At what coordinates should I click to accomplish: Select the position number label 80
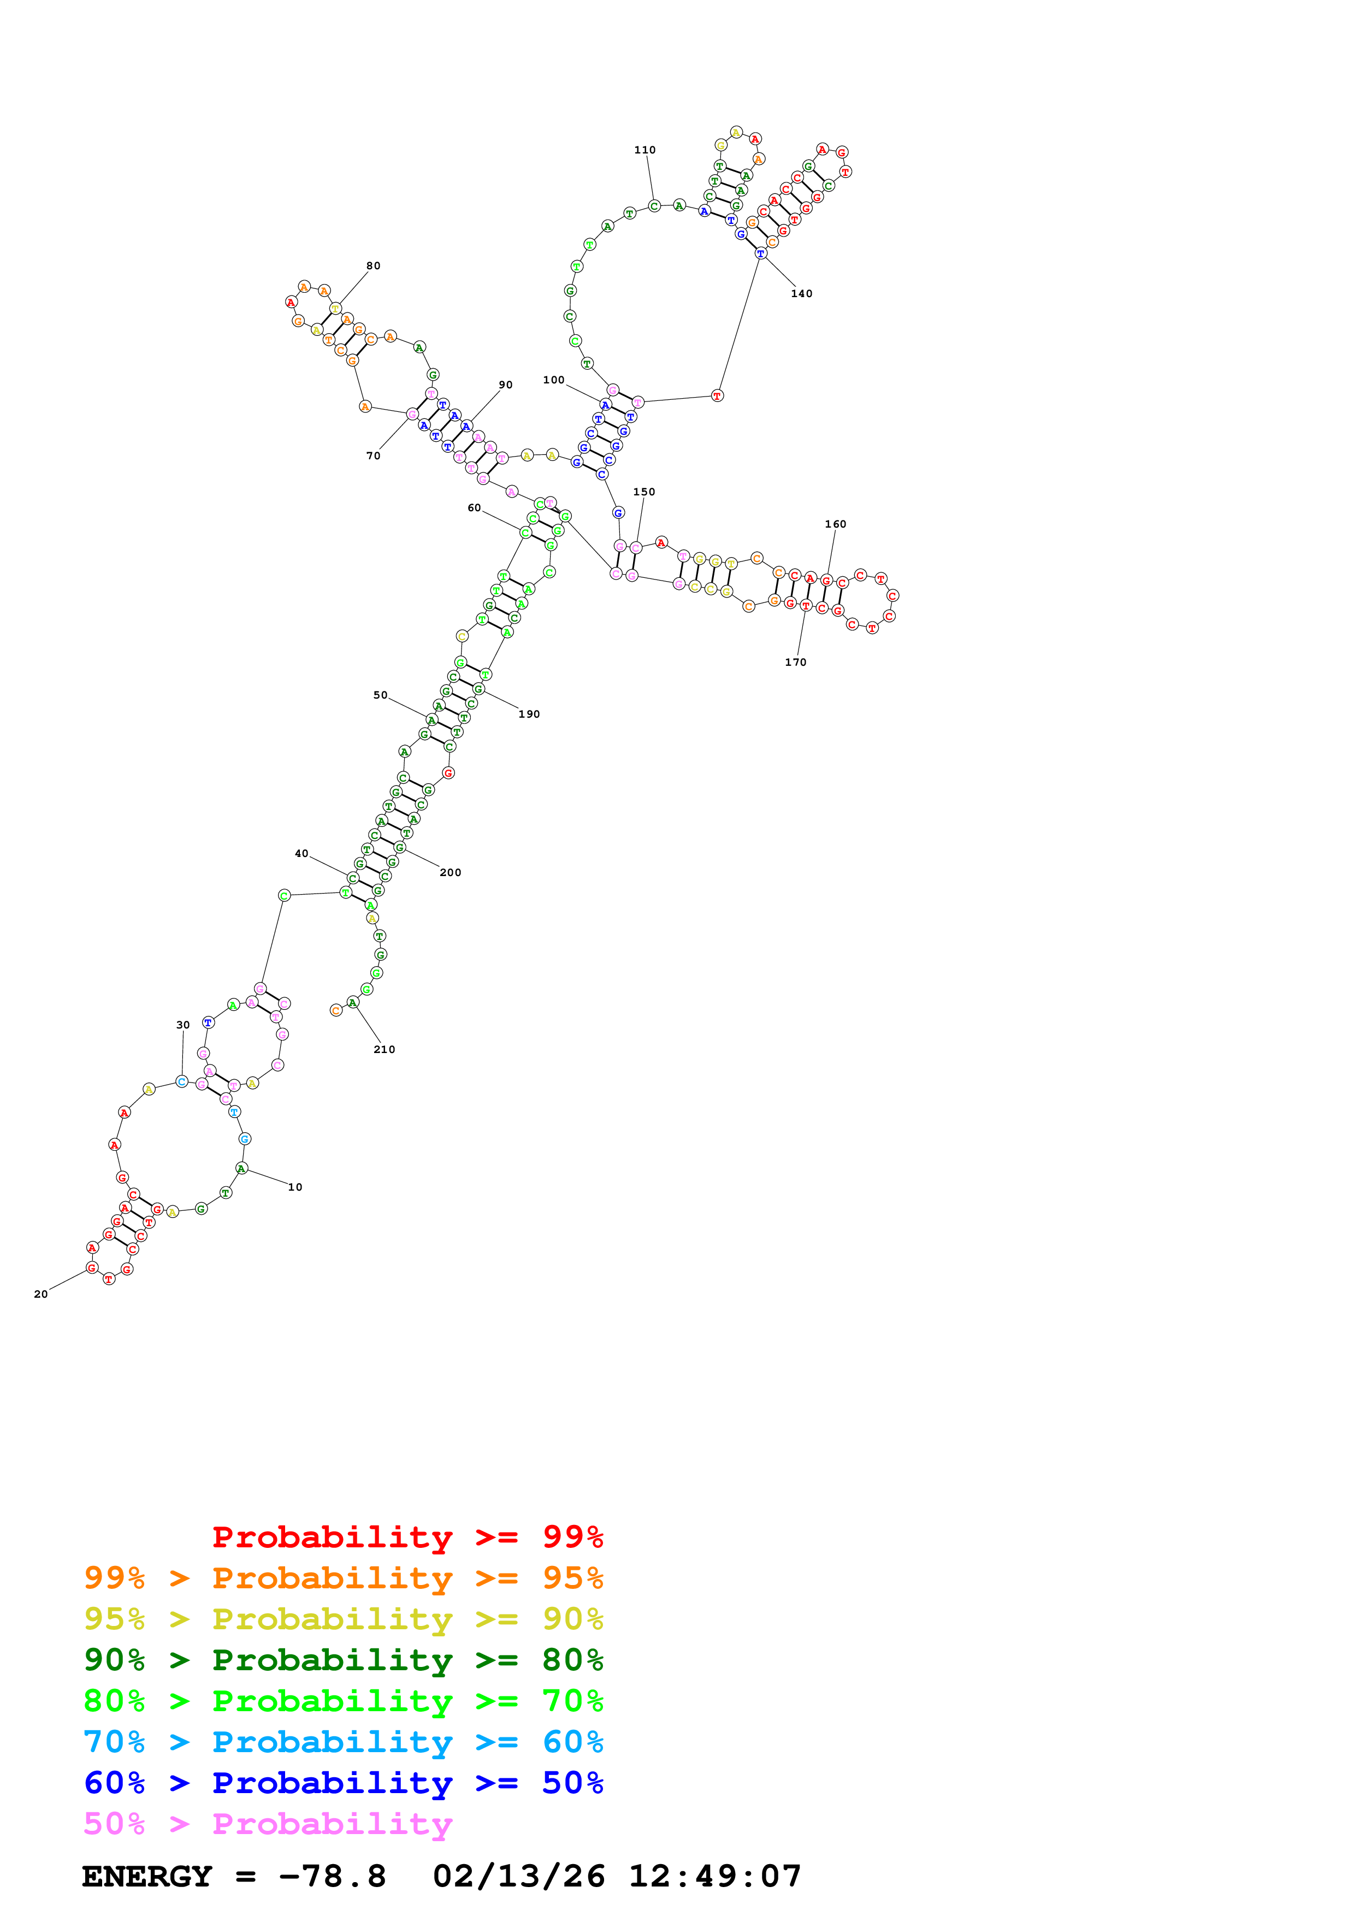coord(373,266)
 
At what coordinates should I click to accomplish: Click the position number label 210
coord(384,1050)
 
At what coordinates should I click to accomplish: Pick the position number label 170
coord(795,663)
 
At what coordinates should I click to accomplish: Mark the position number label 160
coord(835,524)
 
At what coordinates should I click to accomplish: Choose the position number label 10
coord(295,1187)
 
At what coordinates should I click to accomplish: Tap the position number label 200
coord(451,873)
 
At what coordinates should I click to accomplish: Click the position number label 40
coord(301,854)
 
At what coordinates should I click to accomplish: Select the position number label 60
coord(474,508)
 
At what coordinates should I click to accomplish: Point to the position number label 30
coord(183,1025)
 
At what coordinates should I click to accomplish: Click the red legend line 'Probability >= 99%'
coord(407,1536)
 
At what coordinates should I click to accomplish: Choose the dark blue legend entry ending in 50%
coord(343,1783)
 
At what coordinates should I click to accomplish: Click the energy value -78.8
coord(332,1876)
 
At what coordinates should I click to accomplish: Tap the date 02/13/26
coord(518,1876)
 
